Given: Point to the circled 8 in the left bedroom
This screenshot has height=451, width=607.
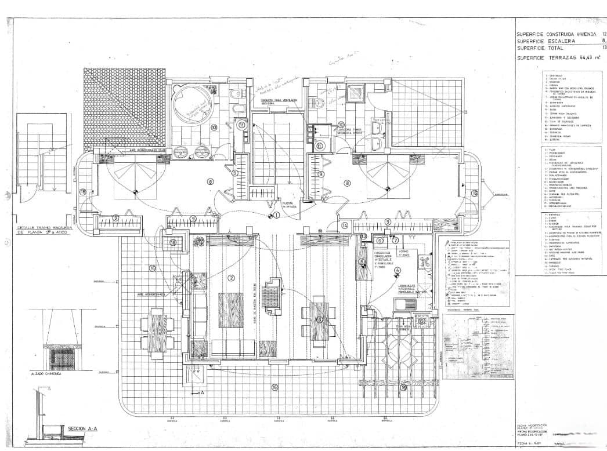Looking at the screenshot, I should click(210, 182).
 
